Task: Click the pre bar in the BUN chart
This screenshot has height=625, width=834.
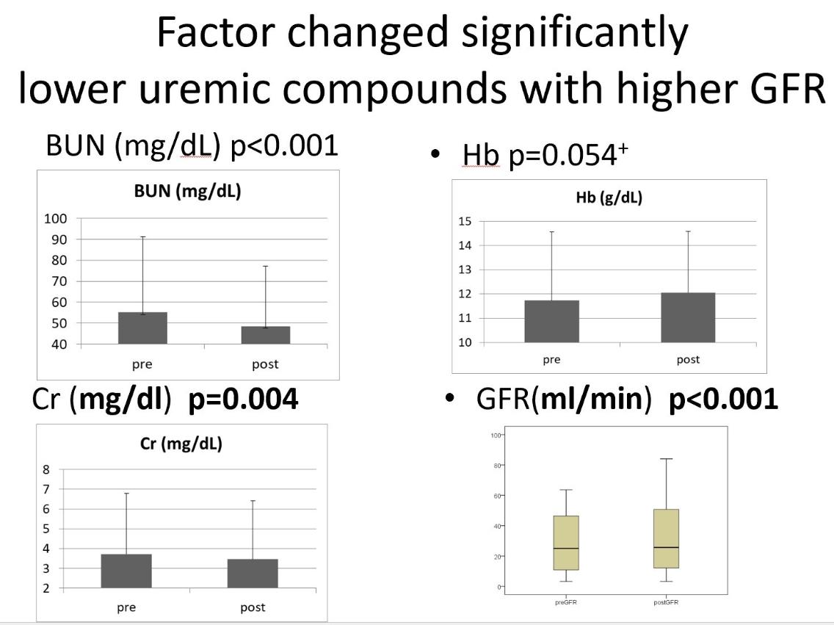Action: pyautogui.click(x=142, y=328)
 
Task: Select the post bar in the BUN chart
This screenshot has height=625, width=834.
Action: pyautogui.click(x=265, y=335)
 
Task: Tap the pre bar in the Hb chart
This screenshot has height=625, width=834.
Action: pyautogui.click(x=551, y=322)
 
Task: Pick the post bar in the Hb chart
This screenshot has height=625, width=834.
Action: pyautogui.click(x=688, y=317)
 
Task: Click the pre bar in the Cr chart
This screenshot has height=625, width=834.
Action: pyautogui.click(x=126, y=571)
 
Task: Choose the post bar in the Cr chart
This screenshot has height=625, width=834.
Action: pyautogui.click(x=253, y=574)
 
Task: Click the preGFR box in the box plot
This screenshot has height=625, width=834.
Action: pyautogui.click(x=566, y=543)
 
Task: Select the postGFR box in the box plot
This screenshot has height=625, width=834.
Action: pyautogui.click(x=667, y=538)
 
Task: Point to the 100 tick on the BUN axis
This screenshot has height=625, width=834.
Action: pyautogui.click(x=56, y=218)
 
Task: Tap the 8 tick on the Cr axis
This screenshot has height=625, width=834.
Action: pyautogui.click(x=46, y=469)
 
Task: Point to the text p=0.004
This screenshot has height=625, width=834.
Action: pyautogui.click(x=243, y=399)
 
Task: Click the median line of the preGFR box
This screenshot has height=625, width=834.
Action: pyautogui.click(x=566, y=549)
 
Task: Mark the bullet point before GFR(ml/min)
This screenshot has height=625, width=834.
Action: pyautogui.click(x=451, y=399)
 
